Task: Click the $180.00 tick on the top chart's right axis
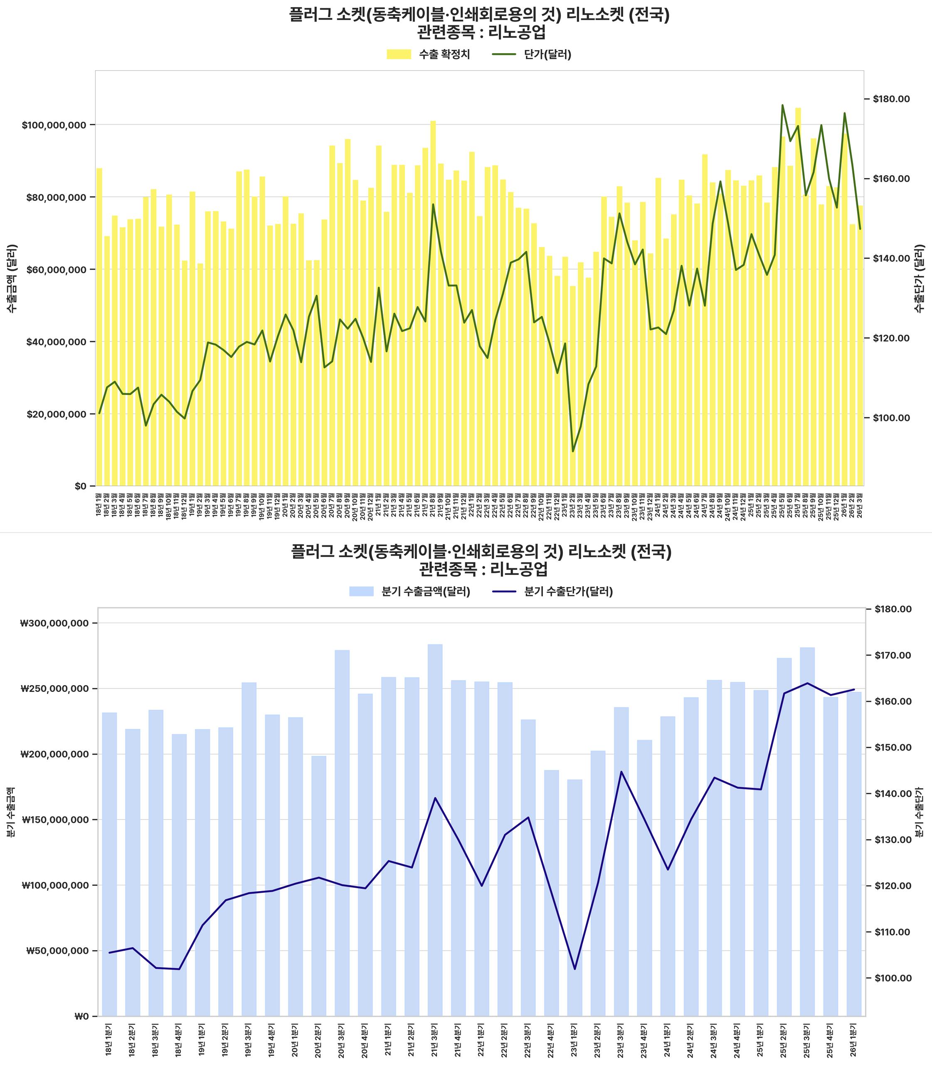(891, 99)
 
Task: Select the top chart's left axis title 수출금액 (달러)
(12, 278)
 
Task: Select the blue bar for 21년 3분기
(435, 833)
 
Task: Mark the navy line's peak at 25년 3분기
(807, 684)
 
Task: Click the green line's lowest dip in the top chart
(573, 451)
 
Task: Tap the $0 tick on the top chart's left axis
(80, 486)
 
